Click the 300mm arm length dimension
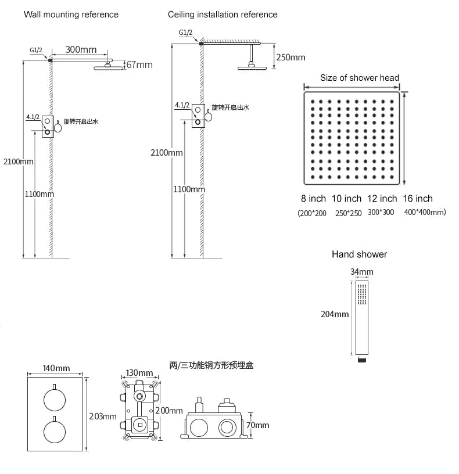click(x=81, y=49)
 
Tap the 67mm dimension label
click(x=139, y=64)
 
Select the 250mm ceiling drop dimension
click(x=291, y=58)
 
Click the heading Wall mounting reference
click(x=71, y=15)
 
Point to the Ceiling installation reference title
click(x=223, y=15)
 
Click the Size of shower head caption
click(x=360, y=78)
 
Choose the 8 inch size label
click(x=313, y=199)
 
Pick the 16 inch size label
click(x=418, y=199)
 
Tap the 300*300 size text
click(x=381, y=212)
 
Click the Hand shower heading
click(x=359, y=254)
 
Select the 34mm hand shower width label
click(x=361, y=272)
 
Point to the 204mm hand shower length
click(x=335, y=314)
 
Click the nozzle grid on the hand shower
click(x=362, y=294)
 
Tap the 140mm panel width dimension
click(x=56, y=368)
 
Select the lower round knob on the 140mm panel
click(x=55, y=432)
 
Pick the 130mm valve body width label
click(x=139, y=373)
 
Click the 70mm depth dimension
click(x=257, y=425)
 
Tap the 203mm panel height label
click(x=102, y=416)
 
